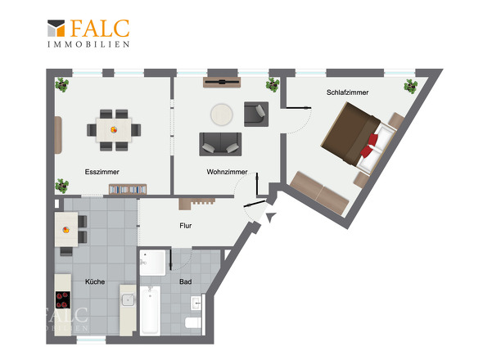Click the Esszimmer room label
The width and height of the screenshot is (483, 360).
pos(102,172)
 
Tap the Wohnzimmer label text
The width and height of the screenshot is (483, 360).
pos(227,172)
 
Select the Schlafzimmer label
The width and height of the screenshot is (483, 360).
pos(347,92)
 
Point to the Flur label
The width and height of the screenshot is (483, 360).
pos(186,226)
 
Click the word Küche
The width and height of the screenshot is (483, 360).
pos(95,281)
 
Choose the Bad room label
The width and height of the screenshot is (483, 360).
pos(186,281)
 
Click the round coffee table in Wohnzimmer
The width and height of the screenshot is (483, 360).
pos(222,115)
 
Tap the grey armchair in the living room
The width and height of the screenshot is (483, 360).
pos(256,114)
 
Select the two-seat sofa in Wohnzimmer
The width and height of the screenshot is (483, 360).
pos(220,144)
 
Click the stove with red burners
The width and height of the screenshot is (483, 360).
pos(63,300)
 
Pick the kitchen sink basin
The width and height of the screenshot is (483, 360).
pos(128,299)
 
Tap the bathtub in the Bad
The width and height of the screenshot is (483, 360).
pos(151,310)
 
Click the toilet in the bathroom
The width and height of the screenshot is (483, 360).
pos(193,322)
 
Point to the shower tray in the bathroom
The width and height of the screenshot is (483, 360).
pos(153,263)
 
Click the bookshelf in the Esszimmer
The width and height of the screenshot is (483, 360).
pos(128,189)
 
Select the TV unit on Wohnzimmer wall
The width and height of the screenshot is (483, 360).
pos(222,82)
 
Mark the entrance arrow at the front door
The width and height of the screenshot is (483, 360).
pos(271,217)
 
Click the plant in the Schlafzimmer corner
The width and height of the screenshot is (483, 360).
pos(411,86)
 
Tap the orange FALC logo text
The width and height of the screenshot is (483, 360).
pos(100,29)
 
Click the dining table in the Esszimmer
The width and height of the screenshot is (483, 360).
pos(114,130)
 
